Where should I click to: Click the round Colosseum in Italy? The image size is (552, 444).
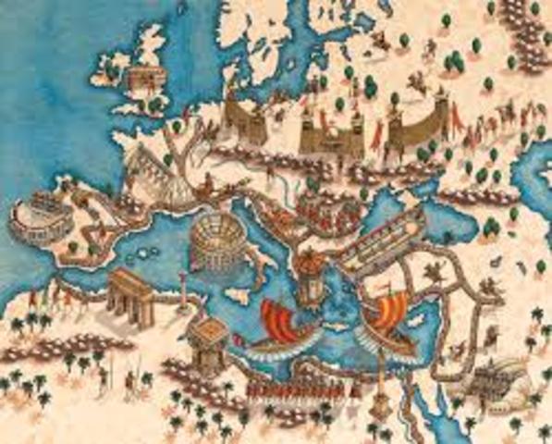(x=214, y=242)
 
